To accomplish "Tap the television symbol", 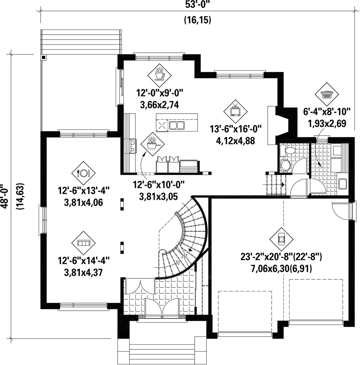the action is point(235,111).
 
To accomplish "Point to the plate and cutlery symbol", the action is point(83,173).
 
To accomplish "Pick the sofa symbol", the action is point(83,243).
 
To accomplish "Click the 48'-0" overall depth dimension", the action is point(5,197).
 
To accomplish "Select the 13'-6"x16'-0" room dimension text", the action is point(236,129).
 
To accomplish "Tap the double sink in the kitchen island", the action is point(177,125).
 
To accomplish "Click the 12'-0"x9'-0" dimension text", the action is point(160,93).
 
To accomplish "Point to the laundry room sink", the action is point(342,183).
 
